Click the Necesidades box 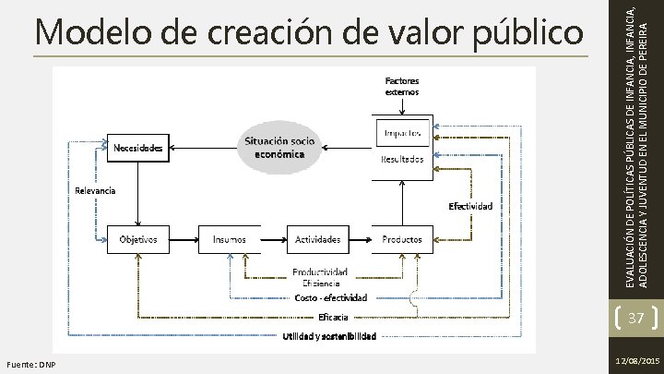[x=139, y=147]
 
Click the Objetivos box [x=136, y=239]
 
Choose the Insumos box [x=230, y=239]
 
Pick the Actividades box [x=317, y=239]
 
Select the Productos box [x=402, y=239]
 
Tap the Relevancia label [x=94, y=191]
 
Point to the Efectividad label [x=470, y=205]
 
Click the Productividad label [x=320, y=271]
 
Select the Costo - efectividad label [x=330, y=297]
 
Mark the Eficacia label [x=333, y=317]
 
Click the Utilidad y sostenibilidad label [x=329, y=336]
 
